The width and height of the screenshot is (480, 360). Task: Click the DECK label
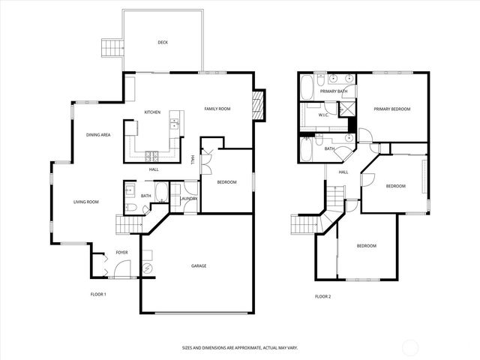[163, 43]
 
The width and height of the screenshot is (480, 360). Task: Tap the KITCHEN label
[153, 112]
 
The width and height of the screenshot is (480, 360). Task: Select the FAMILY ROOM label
[217, 109]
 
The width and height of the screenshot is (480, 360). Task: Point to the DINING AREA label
[98, 134]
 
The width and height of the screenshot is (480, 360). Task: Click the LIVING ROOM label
[86, 202]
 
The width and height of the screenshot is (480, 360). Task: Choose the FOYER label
[121, 253]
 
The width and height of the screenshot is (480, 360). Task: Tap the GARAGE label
[199, 265]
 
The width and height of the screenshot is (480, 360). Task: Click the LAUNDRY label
[188, 198]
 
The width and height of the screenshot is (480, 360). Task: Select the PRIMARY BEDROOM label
[392, 109]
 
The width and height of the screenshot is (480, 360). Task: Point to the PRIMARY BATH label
[334, 91]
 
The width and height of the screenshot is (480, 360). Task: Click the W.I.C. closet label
[324, 115]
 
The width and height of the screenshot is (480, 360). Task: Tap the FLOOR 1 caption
[98, 295]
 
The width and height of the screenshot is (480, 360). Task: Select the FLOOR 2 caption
[322, 296]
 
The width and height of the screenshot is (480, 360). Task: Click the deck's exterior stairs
[111, 49]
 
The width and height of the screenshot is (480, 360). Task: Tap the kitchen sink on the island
[174, 123]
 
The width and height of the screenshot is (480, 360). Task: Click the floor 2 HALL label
[343, 172]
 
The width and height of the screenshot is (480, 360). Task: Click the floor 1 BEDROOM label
[227, 182]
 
